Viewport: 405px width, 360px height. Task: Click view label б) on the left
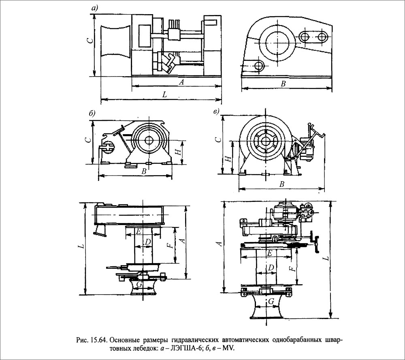pyautogui.click(x=92, y=113)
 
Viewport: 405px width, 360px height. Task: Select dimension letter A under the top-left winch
pyautogui.click(x=182, y=82)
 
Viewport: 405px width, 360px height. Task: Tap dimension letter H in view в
pyautogui.click(x=228, y=159)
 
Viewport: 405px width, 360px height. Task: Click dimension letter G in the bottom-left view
pyautogui.click(x=139, y=285)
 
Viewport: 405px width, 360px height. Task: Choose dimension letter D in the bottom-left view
pyautogui.click(x=148, y=242)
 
